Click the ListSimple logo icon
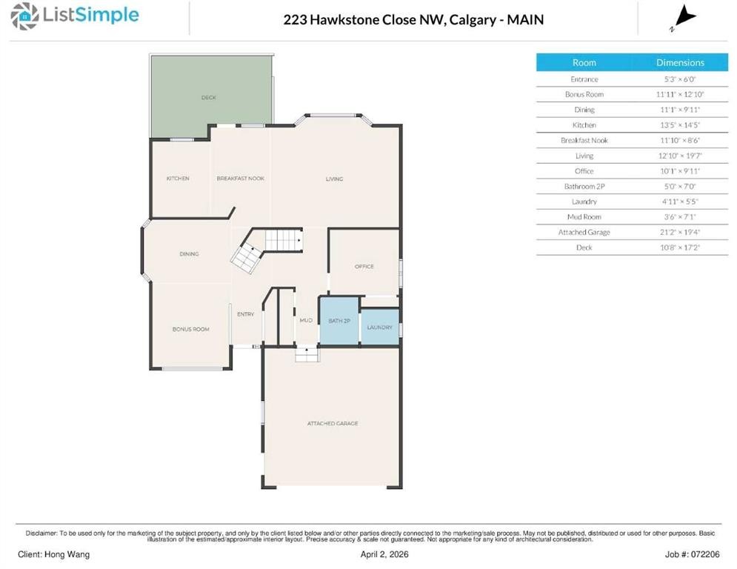click(26, 16)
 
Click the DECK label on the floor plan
click(209, 97)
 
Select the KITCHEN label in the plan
click(178, 179)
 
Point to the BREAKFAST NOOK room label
click(240, 179)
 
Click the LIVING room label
click(335, 179)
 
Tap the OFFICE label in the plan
click(364, 267)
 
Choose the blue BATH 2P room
click(339, 321)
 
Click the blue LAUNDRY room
click(379, 327)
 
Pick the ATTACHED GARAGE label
click(333, 423)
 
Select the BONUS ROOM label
click(191, 329)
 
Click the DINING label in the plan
click(189, 254)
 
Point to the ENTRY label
click(245, 314)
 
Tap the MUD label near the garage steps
click(305, 320)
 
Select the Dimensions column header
click(680, 63)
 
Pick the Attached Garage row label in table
click(584, 233)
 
